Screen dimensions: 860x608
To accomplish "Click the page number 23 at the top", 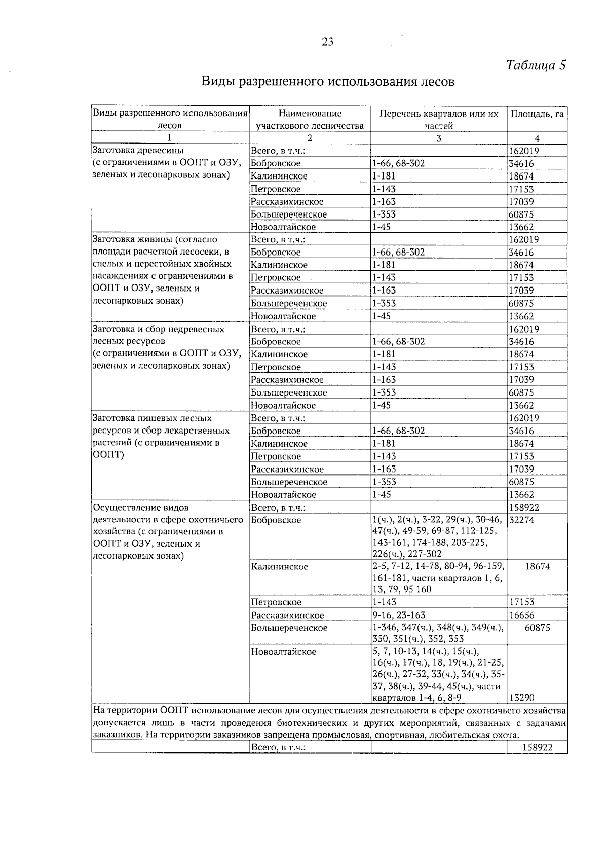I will tap(327, 42).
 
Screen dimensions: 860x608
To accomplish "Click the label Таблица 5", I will tap(536, 65).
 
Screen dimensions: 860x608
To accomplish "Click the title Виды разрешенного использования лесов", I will tap(328, 82).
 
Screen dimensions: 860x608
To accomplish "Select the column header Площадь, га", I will tap(537, 114).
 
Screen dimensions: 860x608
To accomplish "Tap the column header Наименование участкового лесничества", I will tap(310, 120).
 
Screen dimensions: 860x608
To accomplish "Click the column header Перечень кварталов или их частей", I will tap(439, 120).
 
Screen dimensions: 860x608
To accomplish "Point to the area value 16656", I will tap(521, 615).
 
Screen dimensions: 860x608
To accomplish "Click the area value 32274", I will tap(521, 520).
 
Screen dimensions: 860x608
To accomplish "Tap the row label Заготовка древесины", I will tap(138, 151).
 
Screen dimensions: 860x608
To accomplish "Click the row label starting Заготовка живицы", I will tap(155, 239).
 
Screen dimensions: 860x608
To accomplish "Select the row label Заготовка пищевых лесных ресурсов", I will tap(152, 418).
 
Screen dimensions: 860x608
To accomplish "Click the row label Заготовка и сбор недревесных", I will tap(158, 329).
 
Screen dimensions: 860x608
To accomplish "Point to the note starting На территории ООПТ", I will tap(329, 723).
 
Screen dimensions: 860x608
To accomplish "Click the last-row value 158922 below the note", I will tap(537, 747).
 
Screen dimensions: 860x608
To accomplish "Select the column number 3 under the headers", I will tap(439, 138).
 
